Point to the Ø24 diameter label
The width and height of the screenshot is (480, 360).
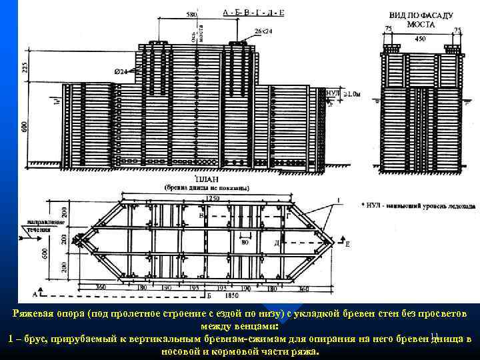121,71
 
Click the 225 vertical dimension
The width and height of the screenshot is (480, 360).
25,67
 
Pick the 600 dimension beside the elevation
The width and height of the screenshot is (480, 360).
25,126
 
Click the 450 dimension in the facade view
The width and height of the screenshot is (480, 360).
420,39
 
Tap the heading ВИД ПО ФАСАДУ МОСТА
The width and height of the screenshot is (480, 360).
420,19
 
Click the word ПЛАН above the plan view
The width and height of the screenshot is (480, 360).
205,180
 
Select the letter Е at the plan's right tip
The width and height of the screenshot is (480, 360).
347,245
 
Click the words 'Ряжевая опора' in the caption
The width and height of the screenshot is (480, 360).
48,313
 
